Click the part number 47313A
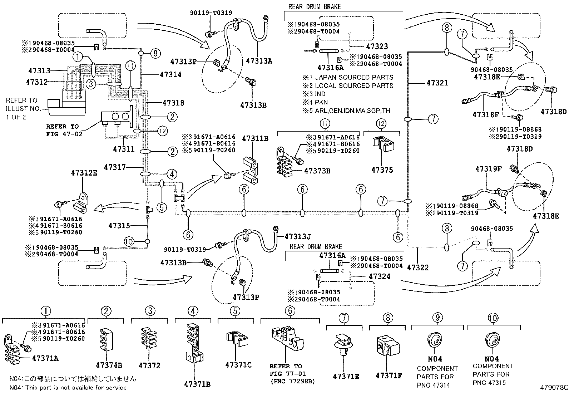(x=259, y=61)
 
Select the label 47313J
(x=298, y=236)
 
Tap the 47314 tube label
(x=170, y=74)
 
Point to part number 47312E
(x=84, y=173)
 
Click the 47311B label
(x=255, y=138)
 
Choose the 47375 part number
(x=382, y=170)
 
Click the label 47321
(x=437, y=83)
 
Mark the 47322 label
(x=417, y=267)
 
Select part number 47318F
(x=485, y=115)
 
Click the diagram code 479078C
(x=554, y=387)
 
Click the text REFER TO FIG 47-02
(x=63, y=130)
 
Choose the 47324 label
(x=379, y=276)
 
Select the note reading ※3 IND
(x=314, y=94)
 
